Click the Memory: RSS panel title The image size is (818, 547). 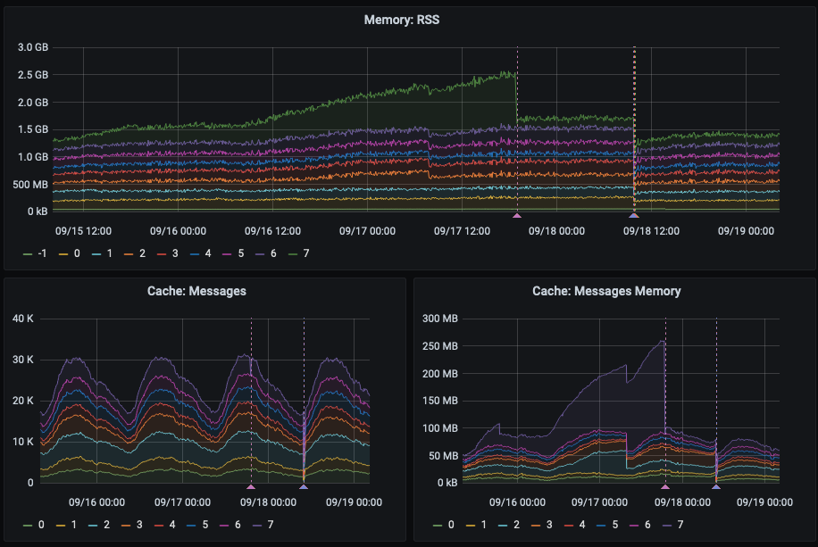(x=408, y=19)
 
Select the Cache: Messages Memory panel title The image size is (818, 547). (x=606, y=291)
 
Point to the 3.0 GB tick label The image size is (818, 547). (x=33, y=47)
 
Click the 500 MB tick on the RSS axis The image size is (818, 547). (x=31, y=185)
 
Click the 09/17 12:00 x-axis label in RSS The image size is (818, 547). (x=463, y=230)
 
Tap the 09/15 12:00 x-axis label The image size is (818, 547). (x=83, y=230)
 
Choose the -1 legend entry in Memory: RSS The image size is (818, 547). (x=35, y=254)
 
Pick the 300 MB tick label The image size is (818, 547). (x=438, y=319)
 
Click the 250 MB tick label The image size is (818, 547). (x=438, y=346)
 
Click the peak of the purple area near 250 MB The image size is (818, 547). (x=664, y=340)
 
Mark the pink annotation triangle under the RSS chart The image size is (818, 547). (x=516, y=216)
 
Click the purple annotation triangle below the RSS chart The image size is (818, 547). (x=634, y=216)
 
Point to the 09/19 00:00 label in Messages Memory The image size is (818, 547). (x=765, y=501)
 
